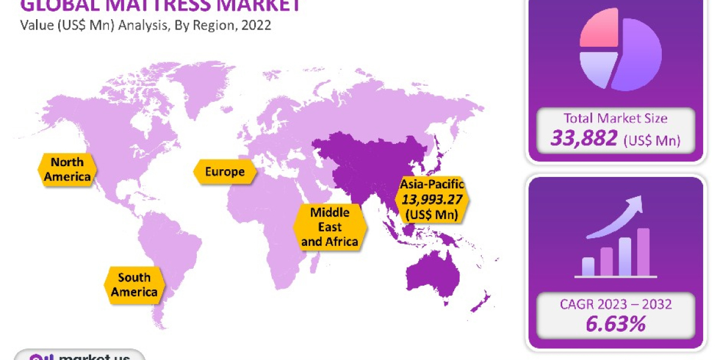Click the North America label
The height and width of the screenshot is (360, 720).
pyautogui.click(x=67, y=169)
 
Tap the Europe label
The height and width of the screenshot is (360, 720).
pyautogui.click(x=224, y=172)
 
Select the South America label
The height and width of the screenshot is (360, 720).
pyautogui.click(x=134, y=285)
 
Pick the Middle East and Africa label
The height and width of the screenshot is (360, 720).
pyautogui.click(x=329, y=227)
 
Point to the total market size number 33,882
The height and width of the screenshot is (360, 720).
pyautogui.click(x=584, y=139)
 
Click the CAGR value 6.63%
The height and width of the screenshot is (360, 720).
pyautogui.click(x=616, y=325)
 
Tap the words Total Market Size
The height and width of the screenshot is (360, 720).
pyautogui.click(x=616, y=118)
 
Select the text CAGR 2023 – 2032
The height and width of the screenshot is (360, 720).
pyautogui.click(x=616, y=304)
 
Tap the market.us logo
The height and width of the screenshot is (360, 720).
pyautogui.click(x=80, y=356)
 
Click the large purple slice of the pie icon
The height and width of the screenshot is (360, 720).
pyautogui.click(x=639, y=57)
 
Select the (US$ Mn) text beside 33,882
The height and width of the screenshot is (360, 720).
pyautogui.click(x=652, y=141)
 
